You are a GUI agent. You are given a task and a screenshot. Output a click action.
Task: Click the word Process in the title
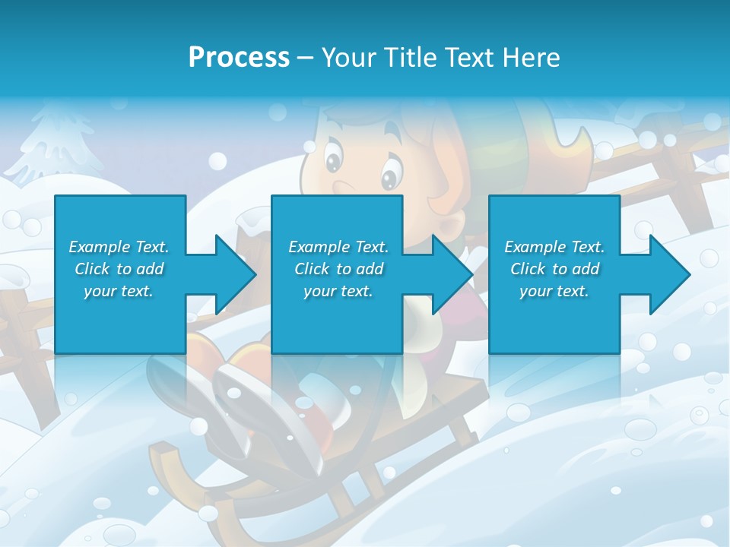[x=239, y=57]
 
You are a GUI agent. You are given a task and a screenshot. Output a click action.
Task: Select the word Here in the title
[x=532, y=57]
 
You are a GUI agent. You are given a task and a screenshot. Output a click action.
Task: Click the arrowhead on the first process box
[x=236, y=274]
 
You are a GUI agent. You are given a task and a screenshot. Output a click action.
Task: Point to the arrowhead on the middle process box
[x=453, y=274]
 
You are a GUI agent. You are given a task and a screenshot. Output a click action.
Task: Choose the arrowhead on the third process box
[x=670, y=274]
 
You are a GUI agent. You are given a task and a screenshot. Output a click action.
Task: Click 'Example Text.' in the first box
[x=119, y=247]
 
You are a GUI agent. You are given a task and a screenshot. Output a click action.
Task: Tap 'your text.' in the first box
[x=119, y=291]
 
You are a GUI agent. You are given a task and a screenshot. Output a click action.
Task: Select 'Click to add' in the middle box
[x=338, y=269]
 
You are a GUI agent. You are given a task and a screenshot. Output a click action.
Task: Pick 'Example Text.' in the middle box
[x=338, y=247]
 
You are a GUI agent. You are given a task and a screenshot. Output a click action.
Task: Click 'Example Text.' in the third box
[x=554, y=247]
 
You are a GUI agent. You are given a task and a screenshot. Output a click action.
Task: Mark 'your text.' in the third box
[x=554, y=291]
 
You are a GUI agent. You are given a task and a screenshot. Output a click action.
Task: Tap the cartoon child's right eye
[x=389, y=177]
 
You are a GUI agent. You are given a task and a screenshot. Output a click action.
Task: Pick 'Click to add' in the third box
[x=554, y=269]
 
